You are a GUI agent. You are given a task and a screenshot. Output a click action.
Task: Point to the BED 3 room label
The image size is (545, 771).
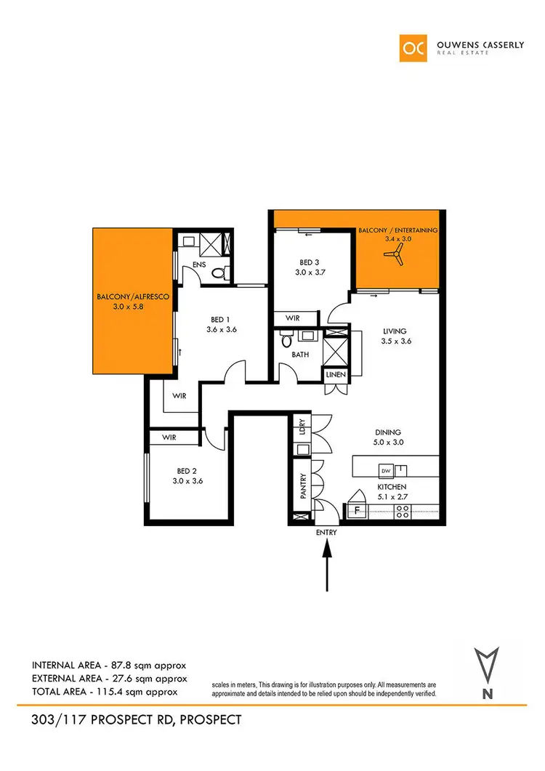pyautogui.click(x=308, y=262)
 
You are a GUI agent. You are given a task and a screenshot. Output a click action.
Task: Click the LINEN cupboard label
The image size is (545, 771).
pyautogui.click(x=337, y=375)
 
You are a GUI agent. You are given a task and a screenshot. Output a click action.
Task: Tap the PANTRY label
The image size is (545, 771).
pyautogui.click(x=302, y=485)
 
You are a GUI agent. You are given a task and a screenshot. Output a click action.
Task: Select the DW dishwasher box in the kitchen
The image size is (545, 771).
pyautogui.click(x=386, y=468)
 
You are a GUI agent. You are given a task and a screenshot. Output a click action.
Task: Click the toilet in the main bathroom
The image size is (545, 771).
pyautogui.click(x=286, y=339)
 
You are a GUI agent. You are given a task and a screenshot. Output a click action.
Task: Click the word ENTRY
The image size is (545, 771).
pyautogui.click(x=326, y=533)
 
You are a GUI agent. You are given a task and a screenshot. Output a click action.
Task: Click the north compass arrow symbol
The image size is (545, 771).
pyautogui.click(x=486, y=669)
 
